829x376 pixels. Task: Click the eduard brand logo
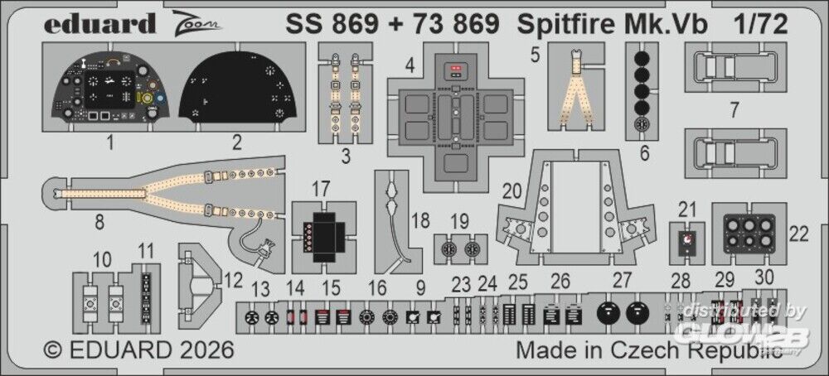tap(100, 23)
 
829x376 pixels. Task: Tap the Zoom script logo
tap(196, 22)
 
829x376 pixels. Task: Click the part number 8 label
tap(99, 224)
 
